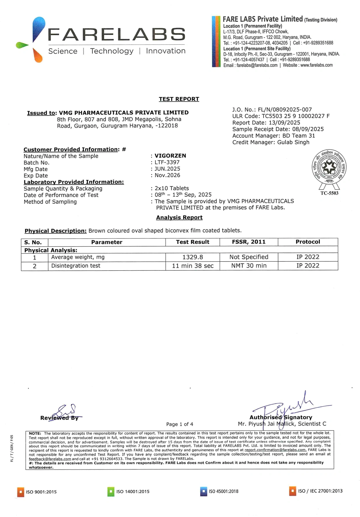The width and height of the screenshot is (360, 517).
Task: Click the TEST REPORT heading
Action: [x=179, y=99]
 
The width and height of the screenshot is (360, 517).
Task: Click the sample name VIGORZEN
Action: [x=170, y=156]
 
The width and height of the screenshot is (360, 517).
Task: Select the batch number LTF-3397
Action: [x=167, y=162]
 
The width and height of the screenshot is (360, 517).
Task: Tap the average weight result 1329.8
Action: [x=192, y=257]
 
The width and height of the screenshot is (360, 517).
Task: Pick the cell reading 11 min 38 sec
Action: [x=192, y=266]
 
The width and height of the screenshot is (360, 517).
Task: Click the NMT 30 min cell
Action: [x=249, y=266]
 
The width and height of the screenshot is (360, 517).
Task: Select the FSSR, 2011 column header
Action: [x=249, y=242]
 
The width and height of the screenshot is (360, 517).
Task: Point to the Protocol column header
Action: [x=308, y=242]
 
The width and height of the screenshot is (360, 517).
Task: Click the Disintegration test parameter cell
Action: [x=76, y=266]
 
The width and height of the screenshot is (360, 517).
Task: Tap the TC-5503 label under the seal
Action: [x=329, y=193]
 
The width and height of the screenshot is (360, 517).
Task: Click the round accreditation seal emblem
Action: [x=329, y=167]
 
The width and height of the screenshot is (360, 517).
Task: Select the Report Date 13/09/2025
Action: [x=266, y=123]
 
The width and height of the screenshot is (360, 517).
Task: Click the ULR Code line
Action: [x=281, y=116]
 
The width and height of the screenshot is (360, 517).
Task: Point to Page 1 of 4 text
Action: [x=179, y=424]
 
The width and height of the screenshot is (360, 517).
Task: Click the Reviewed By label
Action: [x=59, y=418]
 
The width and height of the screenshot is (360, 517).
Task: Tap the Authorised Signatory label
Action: [x=281, y=417]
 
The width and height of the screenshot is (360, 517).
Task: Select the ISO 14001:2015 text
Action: [x=133, y=491]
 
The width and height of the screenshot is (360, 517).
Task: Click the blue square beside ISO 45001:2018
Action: [x=203, y=491]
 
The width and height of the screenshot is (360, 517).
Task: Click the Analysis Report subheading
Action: [x=179, y=217]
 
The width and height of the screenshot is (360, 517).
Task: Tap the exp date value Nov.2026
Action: [x=167, y=175]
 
